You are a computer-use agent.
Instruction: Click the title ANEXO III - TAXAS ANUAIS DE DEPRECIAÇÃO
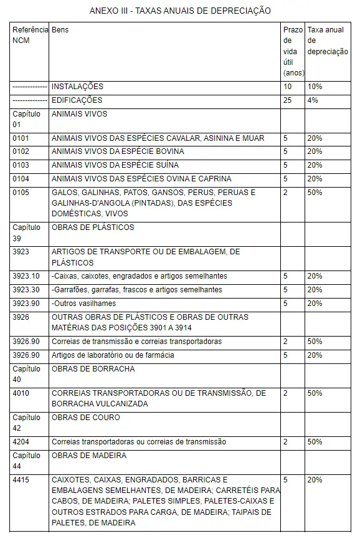pyautogui.click(x=180, y=11)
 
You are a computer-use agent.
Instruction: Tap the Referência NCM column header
pyautogui.click(x=29, y=35)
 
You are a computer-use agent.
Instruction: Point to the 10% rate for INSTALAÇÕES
pyautogui.click(x=315, y=87)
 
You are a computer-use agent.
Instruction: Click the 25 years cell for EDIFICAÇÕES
pyautogui.click(x=287, y=100)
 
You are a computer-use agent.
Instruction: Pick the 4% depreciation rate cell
pyautogui.click(x=312, y=100)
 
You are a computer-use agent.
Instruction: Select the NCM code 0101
pyautogui.click(x=21, y=138)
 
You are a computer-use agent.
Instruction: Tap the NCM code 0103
pyautogui.click(x=21, y=165)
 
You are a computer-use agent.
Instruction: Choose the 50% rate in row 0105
pyautogui.click(x=315, y=193)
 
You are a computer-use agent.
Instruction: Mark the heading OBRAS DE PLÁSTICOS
pyautogui.click(x=93, y=227)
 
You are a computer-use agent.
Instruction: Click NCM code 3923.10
pyautogui.click(x=26, y=276)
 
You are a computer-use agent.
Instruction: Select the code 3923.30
pyautogui.click(x=26, y=290)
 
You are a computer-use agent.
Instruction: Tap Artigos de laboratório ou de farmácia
pyautogui.click(x=113, y=355)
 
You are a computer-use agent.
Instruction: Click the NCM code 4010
pyautogui.click(x=21, y=393)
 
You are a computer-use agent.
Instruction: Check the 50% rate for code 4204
pyautogui.click(x=315, y=442)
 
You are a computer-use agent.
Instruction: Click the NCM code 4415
pyautogui.click(x=21, y=480)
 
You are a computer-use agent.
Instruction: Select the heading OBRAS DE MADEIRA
pyautogui.click(x=89, y=456)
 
